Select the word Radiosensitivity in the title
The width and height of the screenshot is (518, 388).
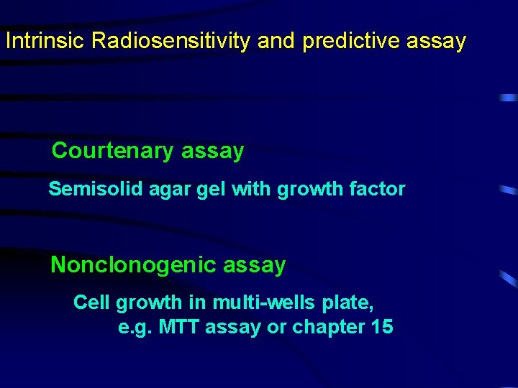point(171,41)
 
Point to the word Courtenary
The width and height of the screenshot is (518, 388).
point(113,151)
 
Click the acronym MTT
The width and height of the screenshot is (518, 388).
point(179,328)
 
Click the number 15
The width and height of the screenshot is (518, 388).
point(381,328)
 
